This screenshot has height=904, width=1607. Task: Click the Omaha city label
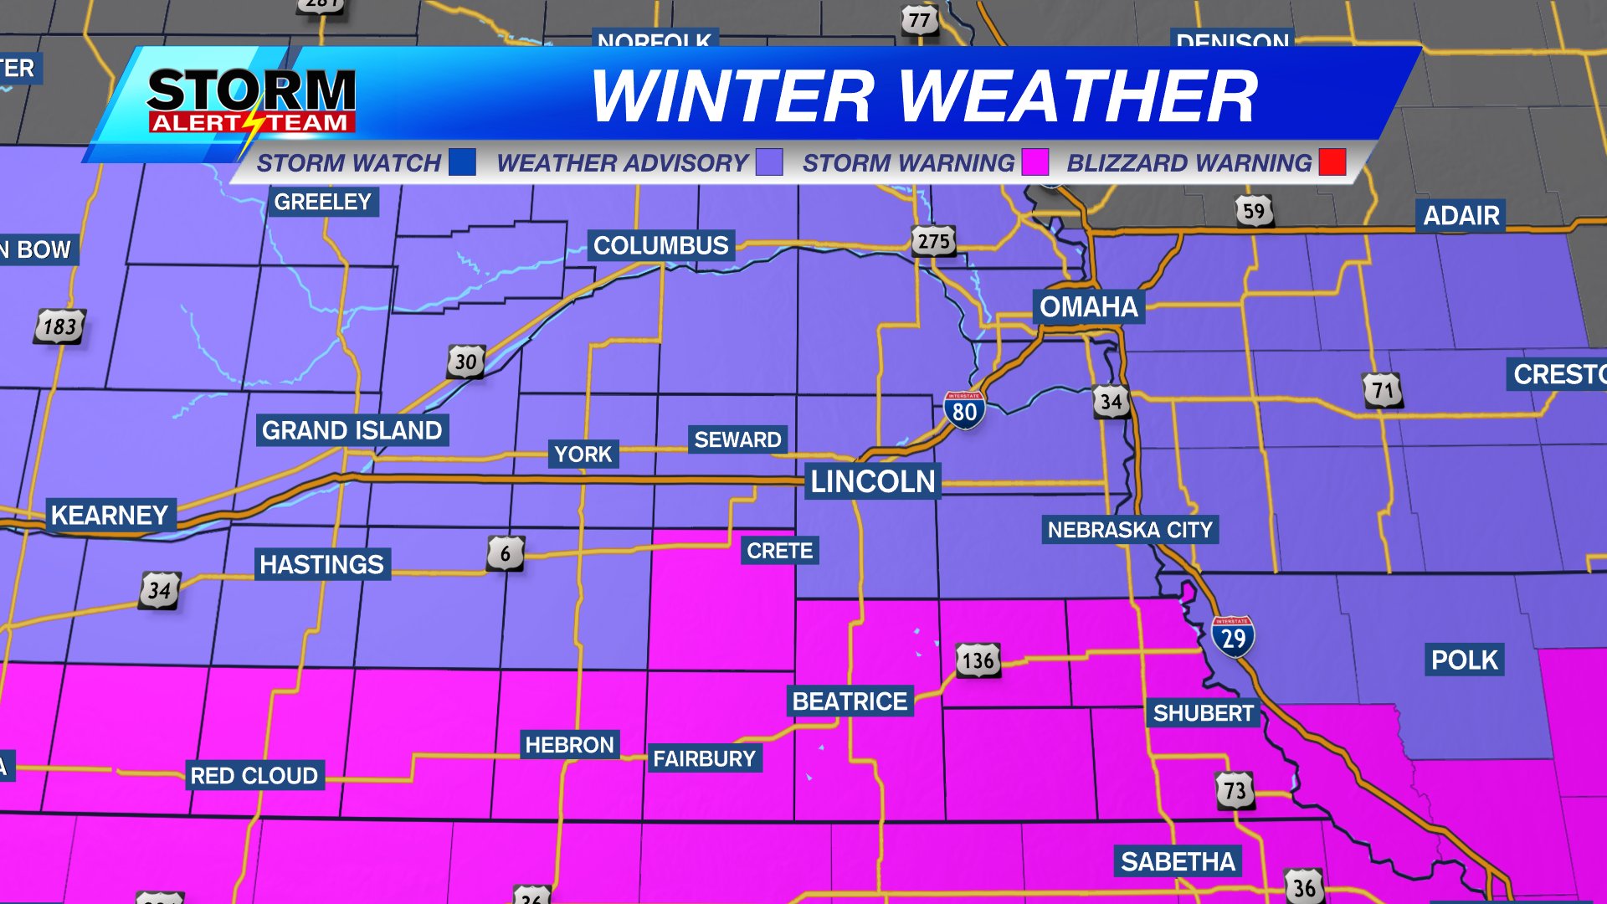tap(1088, 307)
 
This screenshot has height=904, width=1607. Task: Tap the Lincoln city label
tap(872, 481)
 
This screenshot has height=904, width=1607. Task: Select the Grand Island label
tap(352, 430)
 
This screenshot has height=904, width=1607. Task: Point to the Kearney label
tap(110, 515)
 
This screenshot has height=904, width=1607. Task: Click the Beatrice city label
tap(850, 701)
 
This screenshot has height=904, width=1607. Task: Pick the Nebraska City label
tap(1129, 530)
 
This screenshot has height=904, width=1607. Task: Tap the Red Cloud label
tap(254, 776)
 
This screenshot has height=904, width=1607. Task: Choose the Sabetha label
tap(1178, 861)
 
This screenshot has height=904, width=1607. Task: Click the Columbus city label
tap(660, 245)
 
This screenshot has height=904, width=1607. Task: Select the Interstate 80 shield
tap(964, 410)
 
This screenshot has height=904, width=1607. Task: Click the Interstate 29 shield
tap(1233, 637)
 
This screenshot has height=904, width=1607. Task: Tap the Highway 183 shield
tap(59, 326)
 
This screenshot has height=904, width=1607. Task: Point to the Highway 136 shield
tap(978, 660)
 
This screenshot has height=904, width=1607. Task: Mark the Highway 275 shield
tap(933, 242)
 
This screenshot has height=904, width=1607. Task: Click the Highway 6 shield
tap(506, 553)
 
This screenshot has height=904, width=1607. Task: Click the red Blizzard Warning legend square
tap(1332, 162)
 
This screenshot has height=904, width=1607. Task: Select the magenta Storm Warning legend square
tap(1035, 162)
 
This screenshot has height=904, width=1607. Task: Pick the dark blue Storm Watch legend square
tap(462, 162)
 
